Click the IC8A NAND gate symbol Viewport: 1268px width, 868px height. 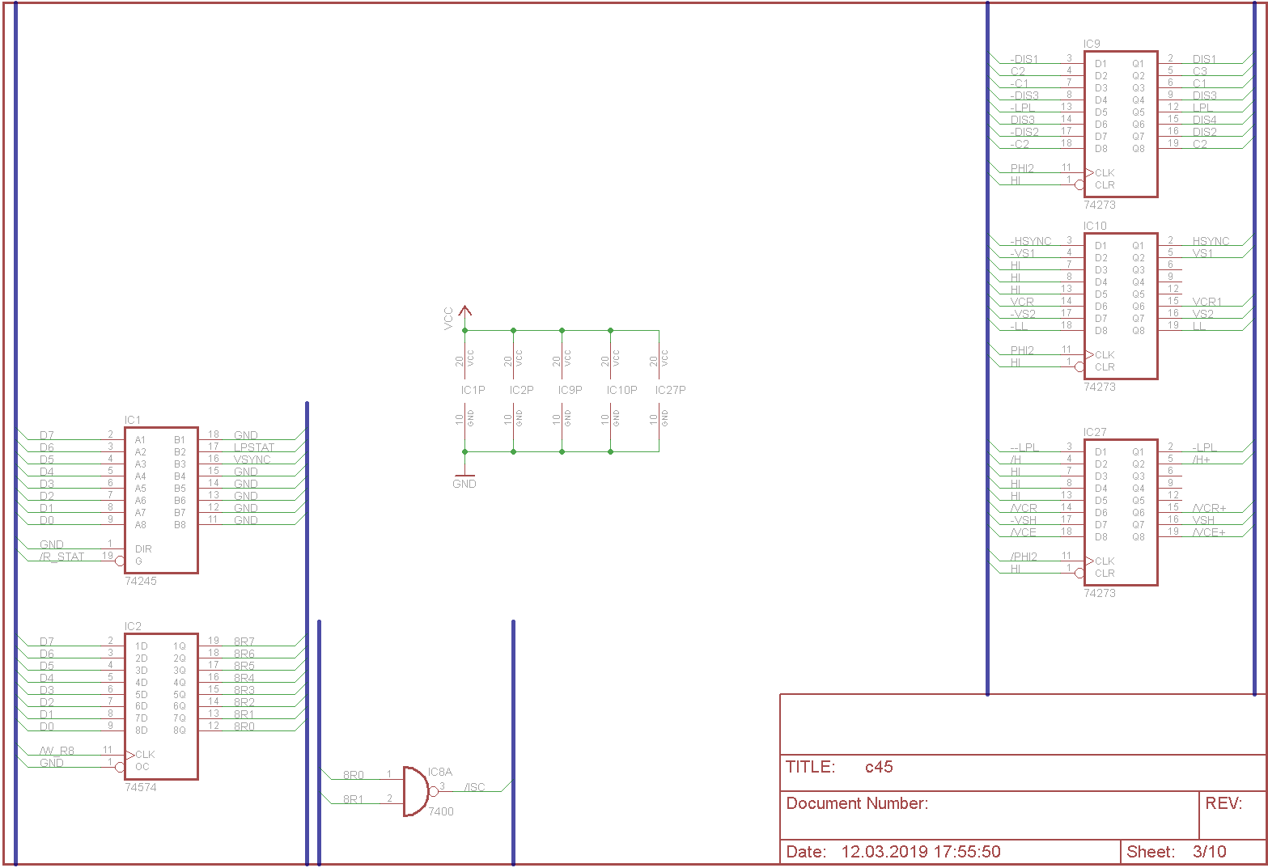click(416, 791)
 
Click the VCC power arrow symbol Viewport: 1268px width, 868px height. click(464, 311)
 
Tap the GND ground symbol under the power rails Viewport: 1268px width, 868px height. click(464, 478)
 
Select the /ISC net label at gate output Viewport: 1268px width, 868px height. click(475, 787)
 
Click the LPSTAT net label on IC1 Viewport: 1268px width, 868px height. click(254, 447)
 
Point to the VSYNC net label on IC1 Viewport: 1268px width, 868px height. click(252, 459)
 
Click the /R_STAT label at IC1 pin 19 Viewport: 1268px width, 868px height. click(62, 557)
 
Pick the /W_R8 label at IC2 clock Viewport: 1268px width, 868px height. click(57, 751)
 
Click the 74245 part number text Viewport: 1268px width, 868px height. click(141, 581)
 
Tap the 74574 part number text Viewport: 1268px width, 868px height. click(141, 787)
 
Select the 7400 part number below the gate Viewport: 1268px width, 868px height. click(441, 811)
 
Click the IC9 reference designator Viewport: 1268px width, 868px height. click(1092, 44)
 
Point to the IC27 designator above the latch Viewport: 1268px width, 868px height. click(1095, 432)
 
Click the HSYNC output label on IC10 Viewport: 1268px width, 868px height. click(1211, 241)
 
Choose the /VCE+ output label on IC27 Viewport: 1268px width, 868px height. click(1209, 532)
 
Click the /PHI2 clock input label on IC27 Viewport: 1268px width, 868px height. click(1024, 557)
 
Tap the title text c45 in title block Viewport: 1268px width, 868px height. click(879, 767)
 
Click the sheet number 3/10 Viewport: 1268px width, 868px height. click(1210, 852)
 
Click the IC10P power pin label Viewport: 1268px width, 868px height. click(622, 390)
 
